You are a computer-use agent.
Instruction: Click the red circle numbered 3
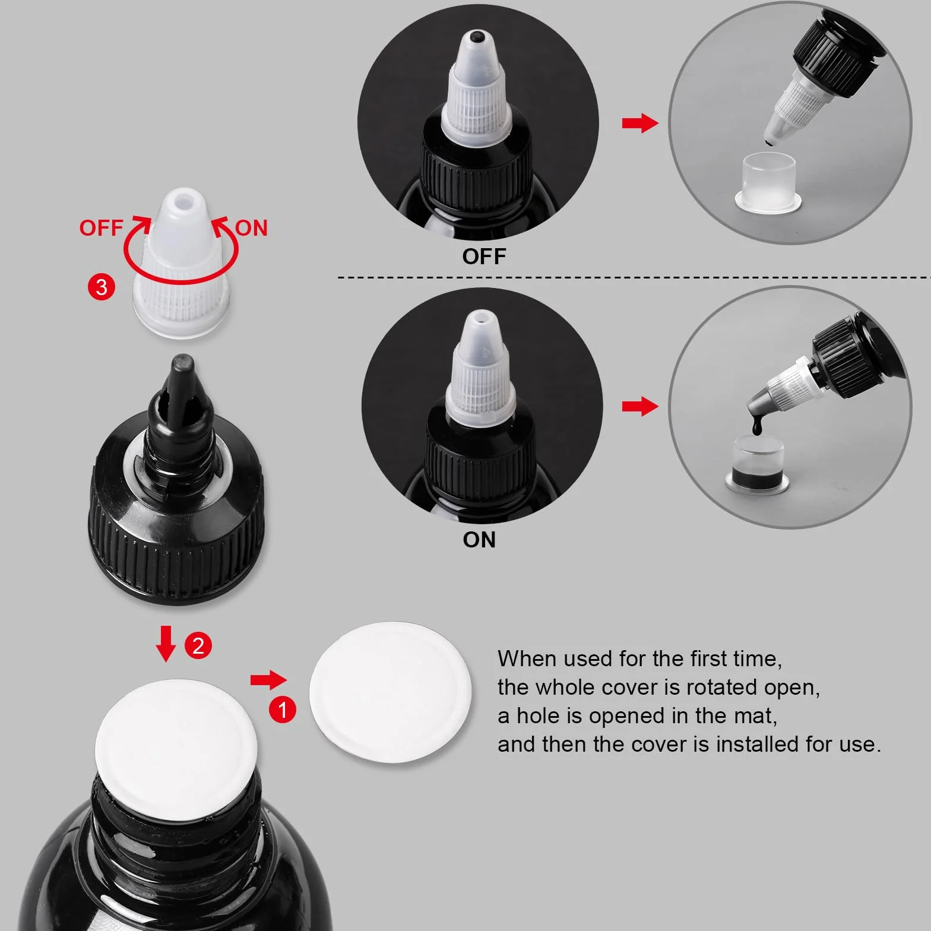pos(102,287)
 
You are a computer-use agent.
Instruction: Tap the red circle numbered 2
pos(198,645)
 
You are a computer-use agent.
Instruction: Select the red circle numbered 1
pos(282,710)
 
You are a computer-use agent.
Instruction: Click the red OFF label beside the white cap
pos(101,228)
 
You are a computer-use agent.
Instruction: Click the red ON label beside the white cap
pos(251,228)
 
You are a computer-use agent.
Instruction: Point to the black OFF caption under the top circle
pos(484,256)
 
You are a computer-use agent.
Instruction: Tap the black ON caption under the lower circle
pos(479,540)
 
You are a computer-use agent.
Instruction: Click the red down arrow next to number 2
pos(166,643)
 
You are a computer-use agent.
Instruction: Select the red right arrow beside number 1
pos(268,680)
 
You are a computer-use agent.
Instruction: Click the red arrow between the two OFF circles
pos(640,123)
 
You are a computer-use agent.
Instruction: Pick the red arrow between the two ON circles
pos(640,407)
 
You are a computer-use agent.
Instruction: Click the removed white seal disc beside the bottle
pos(390,692)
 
